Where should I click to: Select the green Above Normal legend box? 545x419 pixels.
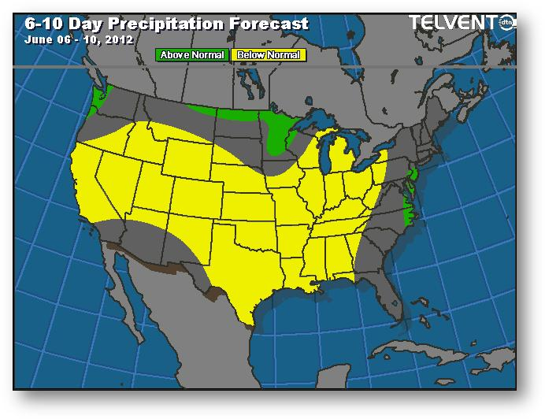click(x=192, y=55)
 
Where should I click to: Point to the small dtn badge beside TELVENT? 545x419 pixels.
click(x=509, y=24)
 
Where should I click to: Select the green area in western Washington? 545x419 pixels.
click(x=98, y=99)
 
